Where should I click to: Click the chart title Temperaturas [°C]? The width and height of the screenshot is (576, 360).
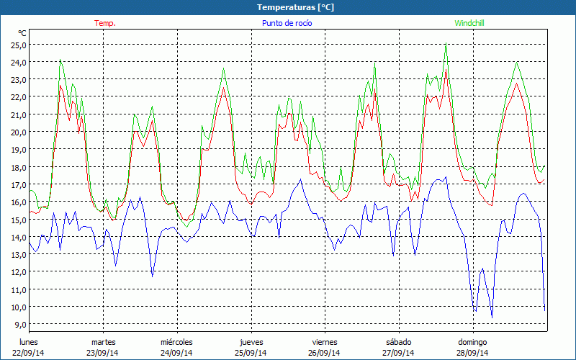coord(295,6)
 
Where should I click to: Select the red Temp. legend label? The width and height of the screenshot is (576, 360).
coord(105,23)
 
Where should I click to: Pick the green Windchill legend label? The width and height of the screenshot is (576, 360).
coord(469,23)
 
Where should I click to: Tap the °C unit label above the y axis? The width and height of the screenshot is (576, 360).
coord(22,33)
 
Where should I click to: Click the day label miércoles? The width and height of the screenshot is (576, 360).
coord(176,342)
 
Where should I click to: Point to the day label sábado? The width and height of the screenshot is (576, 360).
coord(398,342)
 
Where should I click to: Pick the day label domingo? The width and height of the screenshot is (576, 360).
coord(472,342)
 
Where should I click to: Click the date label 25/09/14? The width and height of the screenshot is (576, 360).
coord(251,353)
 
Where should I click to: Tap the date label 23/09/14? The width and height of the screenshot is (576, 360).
coord(103,353)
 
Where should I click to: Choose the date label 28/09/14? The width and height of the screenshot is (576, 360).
coord(472,353)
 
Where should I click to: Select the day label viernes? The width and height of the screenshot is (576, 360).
coord(325,342)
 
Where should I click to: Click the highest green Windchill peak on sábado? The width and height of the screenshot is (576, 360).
coord(446,45)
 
